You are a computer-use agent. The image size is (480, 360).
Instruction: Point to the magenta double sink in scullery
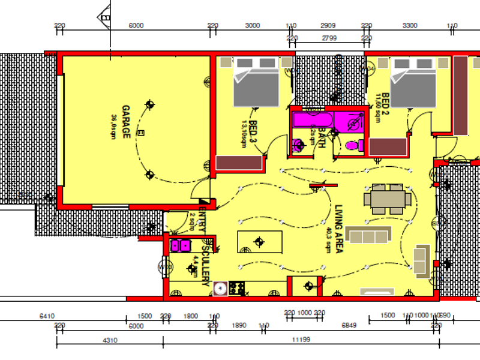(x=181, y=245)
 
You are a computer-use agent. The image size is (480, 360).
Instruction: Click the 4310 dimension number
(x=109, y=340)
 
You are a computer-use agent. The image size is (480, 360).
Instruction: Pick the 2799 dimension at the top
(x=329, y=38)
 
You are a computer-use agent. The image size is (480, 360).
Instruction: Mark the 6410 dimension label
(x=47, y=316)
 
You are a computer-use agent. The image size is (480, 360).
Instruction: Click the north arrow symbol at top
(x=106, y=16)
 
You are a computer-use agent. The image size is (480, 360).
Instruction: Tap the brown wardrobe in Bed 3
(x=239, y=163)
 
